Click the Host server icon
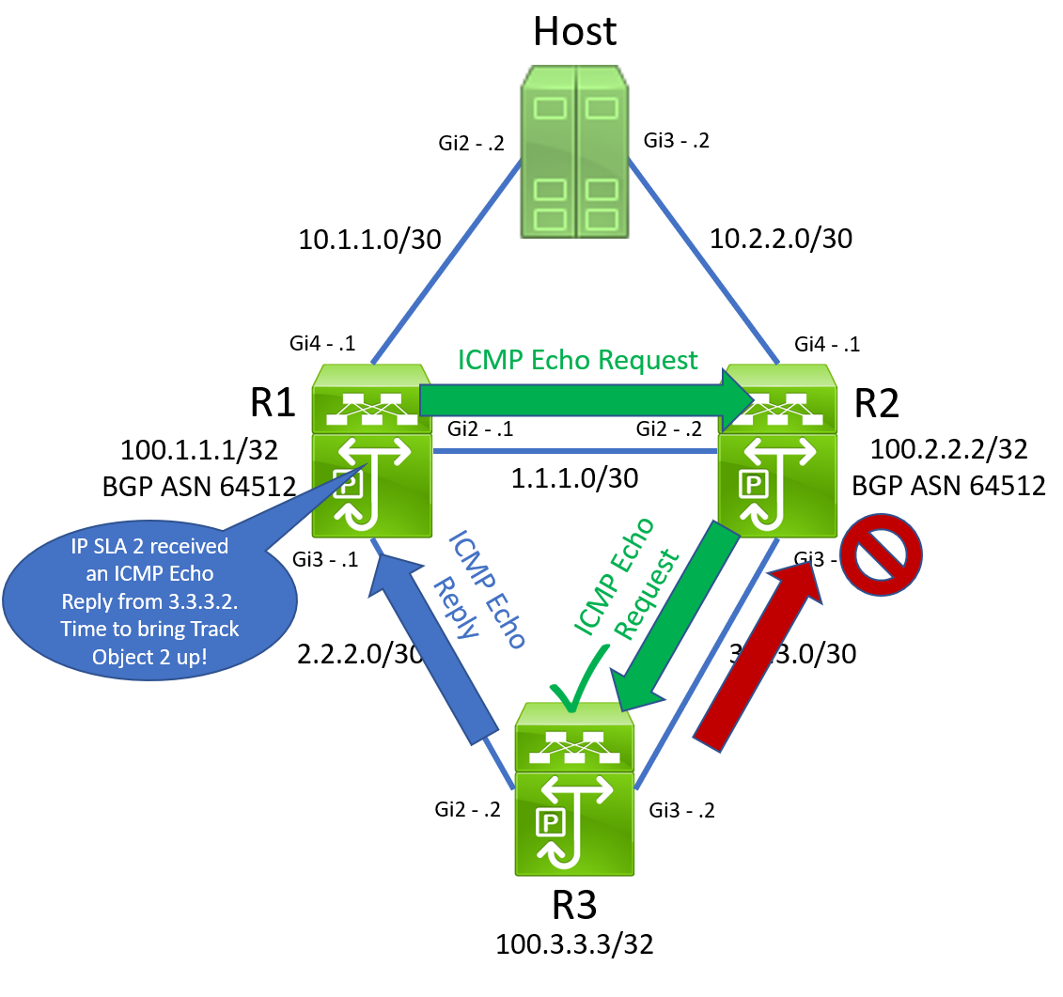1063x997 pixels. pyautogui.click(x=575, y=150)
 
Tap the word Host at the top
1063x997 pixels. pyautogui.click(x=574, y=30)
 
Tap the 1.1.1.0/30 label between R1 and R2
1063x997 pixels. pyautogui.click(x=574, y=477)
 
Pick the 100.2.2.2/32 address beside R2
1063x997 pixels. pyautogui.click(x=949, y=448)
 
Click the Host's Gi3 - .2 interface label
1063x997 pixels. pyautogui.click(x=676, y=141)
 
